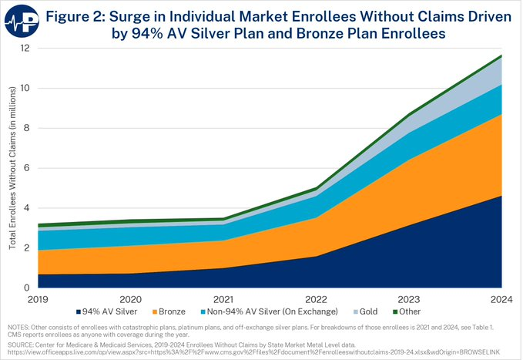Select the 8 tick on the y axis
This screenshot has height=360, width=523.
(26, 128)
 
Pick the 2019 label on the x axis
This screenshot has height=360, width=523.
(36, 298)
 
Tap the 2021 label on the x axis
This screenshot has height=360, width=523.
(223, 298)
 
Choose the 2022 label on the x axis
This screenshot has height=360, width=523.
(316, 298)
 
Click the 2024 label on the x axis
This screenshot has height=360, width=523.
(501, 298)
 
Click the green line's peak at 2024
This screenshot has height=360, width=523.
(501, 56)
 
